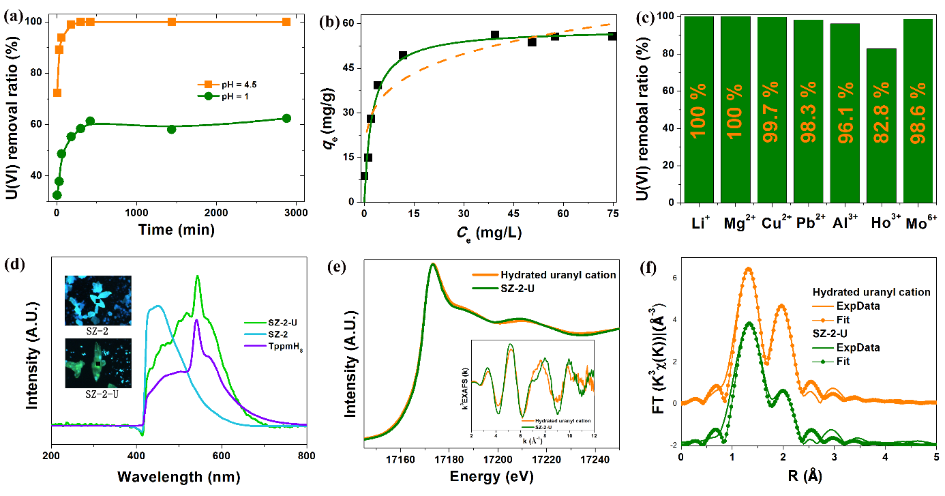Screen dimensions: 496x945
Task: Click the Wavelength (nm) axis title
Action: click(x=179, y=476)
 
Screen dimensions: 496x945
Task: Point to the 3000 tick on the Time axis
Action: click(x=297, y=213)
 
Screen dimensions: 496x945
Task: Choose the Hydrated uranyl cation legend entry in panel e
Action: click(x=544, y=275)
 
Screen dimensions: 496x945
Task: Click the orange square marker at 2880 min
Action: click(x=286, y=22)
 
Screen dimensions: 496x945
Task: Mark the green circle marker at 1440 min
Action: click(x=171, y=129)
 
